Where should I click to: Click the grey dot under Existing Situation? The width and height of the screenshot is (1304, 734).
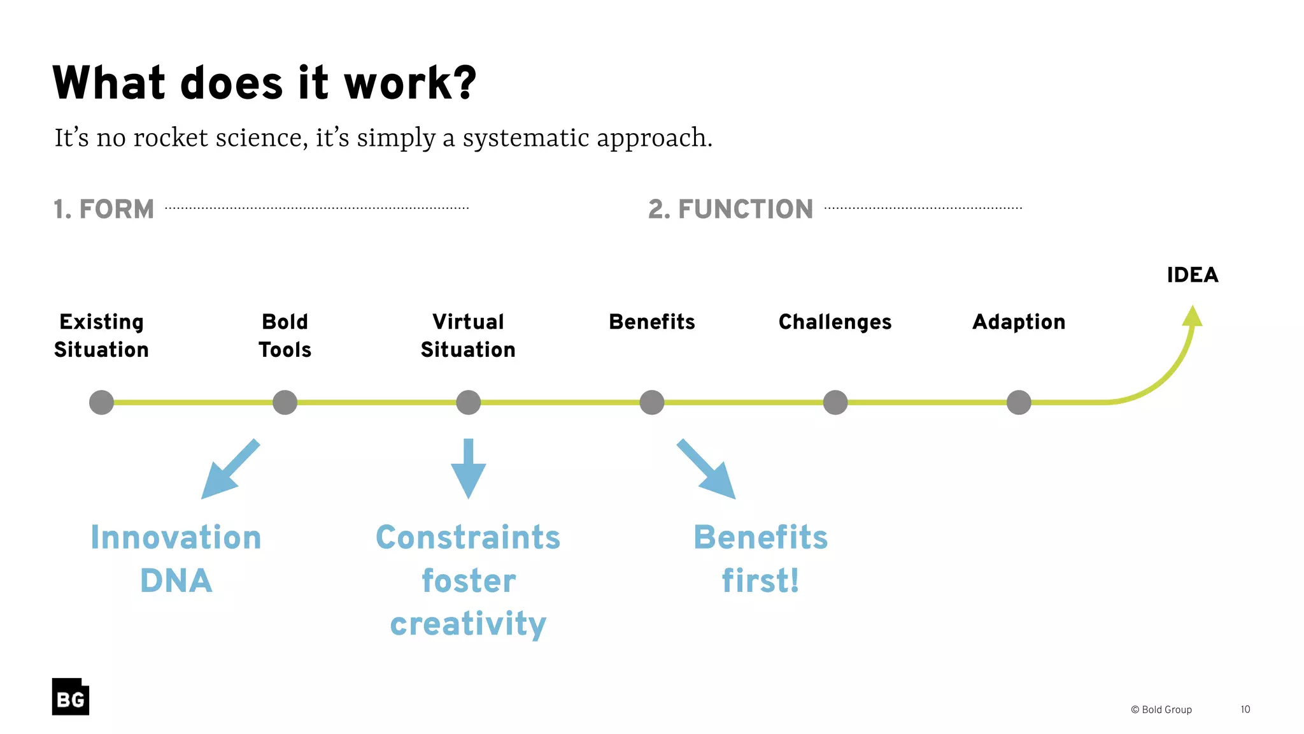[101, 403]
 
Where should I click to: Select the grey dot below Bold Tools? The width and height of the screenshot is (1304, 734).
[285, 403]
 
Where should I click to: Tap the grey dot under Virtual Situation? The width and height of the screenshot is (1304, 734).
[468, 403]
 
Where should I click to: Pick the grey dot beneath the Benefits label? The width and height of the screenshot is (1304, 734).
[651, 403]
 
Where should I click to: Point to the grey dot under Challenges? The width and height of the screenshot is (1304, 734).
[835, 403]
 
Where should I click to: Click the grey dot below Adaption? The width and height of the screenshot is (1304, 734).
[1018, 403]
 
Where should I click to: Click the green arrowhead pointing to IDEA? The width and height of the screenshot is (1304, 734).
[1192, 317]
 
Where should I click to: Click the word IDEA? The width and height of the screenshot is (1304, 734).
[1192, 275]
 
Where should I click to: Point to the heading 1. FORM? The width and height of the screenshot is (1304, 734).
[104, 209]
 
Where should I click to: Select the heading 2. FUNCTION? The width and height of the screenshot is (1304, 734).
[730, 209]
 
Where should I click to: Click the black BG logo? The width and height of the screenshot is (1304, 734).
[71, 697]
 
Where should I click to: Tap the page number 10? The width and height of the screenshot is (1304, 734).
[1245, 710]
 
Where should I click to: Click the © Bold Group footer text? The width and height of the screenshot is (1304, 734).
[1161, 710]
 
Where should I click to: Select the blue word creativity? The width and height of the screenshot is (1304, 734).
[468, 623]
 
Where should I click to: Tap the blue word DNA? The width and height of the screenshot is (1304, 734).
[176, 580]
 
